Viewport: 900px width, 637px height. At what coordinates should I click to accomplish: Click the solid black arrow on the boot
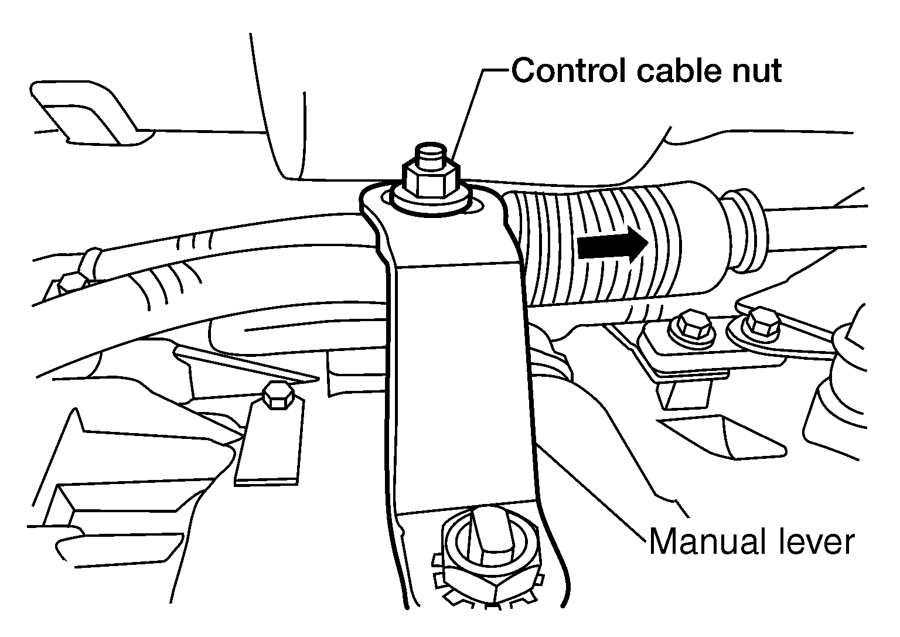click(x=613, y=245)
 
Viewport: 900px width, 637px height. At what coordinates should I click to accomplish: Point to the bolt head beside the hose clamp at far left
click(x=72, y=282)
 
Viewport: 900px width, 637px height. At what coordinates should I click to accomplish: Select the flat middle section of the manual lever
click(x=462, y=386)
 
